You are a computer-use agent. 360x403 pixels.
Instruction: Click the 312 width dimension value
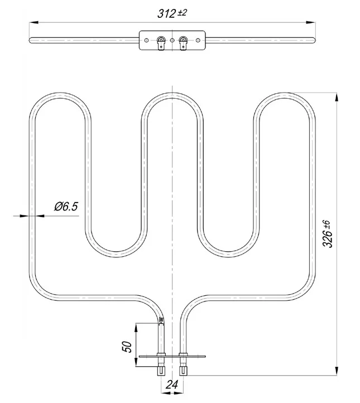(166, 13)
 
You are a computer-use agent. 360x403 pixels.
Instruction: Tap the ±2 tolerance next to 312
(182, 12)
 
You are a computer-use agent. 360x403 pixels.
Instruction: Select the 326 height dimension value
(328, 238)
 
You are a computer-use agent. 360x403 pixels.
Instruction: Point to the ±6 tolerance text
(327, 224)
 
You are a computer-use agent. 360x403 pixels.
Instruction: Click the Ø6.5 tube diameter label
(66, 207)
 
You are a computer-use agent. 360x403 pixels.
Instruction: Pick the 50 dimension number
(127, 347)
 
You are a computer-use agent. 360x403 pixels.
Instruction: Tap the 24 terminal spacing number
(172, 385)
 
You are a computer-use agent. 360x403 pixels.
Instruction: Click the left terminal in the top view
(161, 42)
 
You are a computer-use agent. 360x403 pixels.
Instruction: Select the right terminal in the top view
(183, 42)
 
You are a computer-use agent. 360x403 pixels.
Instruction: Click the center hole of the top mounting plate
(172, 40)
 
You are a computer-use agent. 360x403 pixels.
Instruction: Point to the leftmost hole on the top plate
(146, 40)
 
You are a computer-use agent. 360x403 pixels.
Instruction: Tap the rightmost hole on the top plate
(198, 40)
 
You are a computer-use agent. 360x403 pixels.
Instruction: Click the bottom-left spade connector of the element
(161, 371)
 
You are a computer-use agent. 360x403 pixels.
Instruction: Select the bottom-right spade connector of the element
(183, 371)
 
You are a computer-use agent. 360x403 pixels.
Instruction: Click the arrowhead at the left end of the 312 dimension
(34, 23)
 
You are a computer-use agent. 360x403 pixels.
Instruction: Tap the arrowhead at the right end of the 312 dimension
(310, 23)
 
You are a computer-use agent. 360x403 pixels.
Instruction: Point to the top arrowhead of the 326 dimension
(337, 97)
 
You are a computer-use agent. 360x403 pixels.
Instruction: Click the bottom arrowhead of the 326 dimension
(337, 371)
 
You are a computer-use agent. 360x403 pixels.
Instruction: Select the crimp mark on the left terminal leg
(161, 320)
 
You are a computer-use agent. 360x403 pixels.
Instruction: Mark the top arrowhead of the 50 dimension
(136, 328)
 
